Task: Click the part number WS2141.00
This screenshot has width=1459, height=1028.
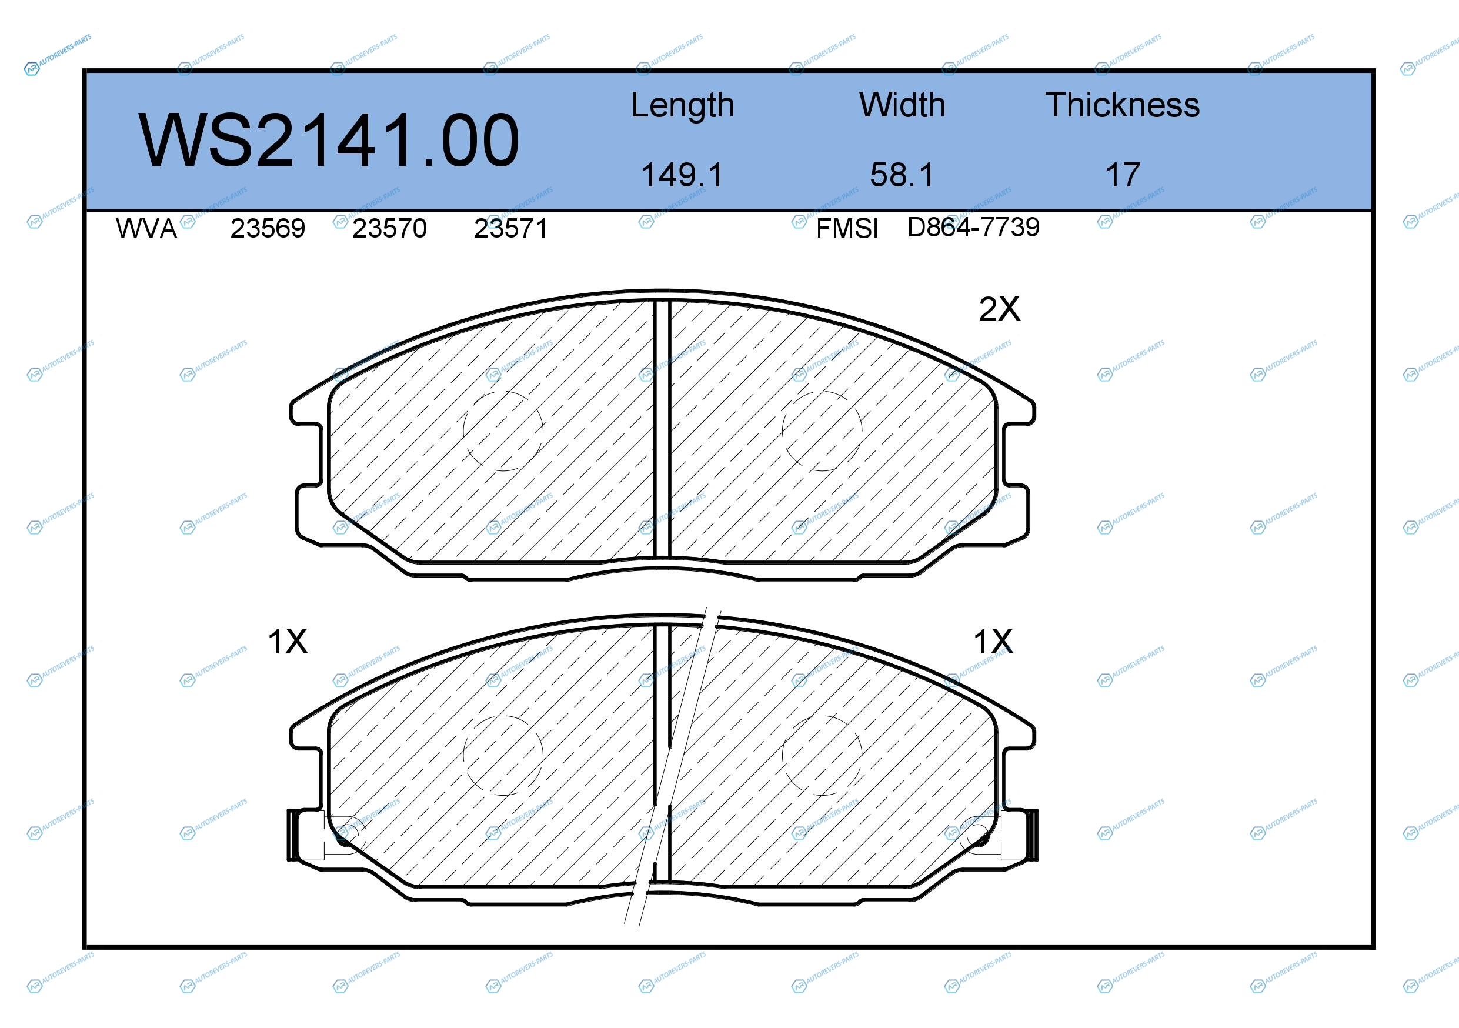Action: pos(329,141)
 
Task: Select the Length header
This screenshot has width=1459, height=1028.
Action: pos(683,105)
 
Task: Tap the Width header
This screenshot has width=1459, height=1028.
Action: pos(902,105)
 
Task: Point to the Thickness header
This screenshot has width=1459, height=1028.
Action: pos(1122,105)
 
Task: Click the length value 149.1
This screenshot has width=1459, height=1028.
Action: pos(683,175)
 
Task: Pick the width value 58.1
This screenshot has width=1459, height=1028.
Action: pos(902,175)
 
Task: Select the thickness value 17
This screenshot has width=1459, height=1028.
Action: pos(1123,175)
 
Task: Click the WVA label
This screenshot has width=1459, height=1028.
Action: pos(146,228)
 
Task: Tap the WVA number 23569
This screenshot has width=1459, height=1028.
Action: pos(268,228)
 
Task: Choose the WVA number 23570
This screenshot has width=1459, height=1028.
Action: pos(389,228)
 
